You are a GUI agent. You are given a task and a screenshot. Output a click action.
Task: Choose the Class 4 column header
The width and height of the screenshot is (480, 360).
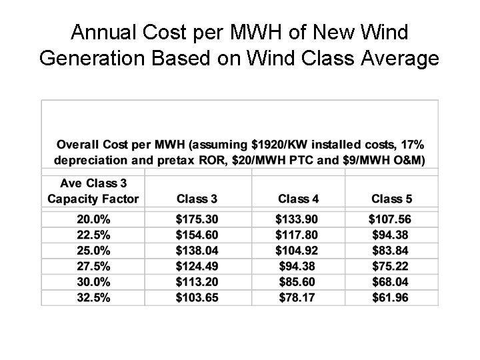(298, 198)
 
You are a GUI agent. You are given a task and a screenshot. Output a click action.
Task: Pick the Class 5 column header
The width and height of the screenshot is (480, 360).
(391, 198)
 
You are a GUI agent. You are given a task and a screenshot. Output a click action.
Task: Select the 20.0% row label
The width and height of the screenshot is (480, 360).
(93, 219)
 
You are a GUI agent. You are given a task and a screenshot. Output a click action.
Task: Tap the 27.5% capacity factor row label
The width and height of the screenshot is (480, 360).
(93, 266)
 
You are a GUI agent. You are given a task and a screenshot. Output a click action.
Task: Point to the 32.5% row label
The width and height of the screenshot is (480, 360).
(93, 297)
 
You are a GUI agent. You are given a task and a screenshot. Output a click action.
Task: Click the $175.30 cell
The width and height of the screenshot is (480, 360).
(197, 219)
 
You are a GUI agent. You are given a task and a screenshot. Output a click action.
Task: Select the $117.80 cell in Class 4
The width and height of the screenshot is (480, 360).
(298, 235)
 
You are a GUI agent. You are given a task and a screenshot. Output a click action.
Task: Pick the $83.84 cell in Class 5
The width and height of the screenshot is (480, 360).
(391, 250)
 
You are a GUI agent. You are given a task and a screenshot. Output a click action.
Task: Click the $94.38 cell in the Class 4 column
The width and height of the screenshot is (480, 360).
(298, 266)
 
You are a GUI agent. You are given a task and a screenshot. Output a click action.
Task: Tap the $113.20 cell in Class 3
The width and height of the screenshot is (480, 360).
(197, 282)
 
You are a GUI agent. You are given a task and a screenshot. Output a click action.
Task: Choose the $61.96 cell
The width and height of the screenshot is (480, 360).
(391, 297)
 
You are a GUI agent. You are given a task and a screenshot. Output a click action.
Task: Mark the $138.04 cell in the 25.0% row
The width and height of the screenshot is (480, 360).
(197, 250)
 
